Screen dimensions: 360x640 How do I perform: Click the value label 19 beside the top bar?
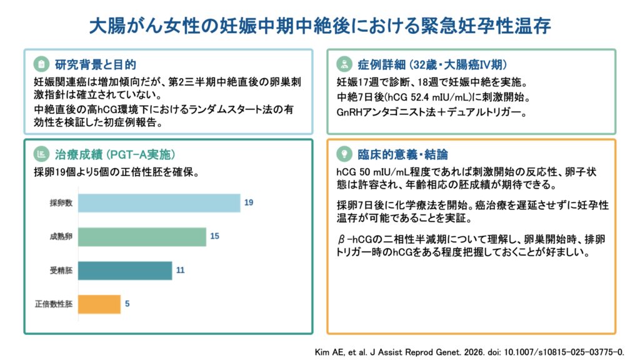tap(249, 203)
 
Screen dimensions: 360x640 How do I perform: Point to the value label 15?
tap(214, 237)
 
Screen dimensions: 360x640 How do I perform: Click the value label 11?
tap(180, 271)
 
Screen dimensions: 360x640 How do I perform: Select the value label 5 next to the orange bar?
tap(127, 304)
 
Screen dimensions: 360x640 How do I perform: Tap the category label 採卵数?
tap(61, 203)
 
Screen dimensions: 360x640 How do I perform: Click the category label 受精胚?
tap(61, 271)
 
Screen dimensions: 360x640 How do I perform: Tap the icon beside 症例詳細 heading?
tap(344, 64)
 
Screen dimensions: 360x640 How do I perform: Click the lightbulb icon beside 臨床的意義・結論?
tap(344, 154)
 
